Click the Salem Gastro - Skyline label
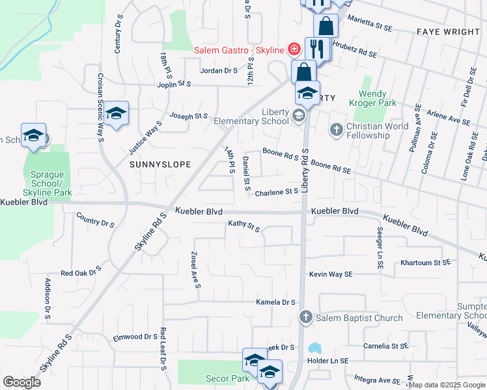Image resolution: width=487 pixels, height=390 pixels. click(x=239, y=51)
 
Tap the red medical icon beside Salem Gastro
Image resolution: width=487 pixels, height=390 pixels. click(x=294, y=49)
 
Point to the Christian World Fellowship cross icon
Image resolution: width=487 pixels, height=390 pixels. click(x=336, y=129)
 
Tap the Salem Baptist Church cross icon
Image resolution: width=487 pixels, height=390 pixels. click(x=305, y=318)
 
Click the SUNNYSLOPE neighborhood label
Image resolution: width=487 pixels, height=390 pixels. click(x=160, y=164)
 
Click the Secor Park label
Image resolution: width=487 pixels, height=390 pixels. click(x=231, y=378)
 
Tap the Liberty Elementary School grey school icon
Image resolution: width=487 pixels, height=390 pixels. click(x=299, y=116)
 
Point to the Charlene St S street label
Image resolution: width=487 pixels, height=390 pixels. click(x=276, y=192)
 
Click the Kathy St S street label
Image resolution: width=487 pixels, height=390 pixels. click(x=244, y=226)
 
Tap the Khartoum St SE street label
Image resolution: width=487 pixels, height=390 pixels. click(x=425, y=263)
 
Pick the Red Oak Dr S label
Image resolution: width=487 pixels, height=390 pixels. click(x=81, y=270)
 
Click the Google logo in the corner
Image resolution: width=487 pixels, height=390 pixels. click(x=21, y=382)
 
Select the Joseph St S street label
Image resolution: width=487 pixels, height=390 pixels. click(x=188, y=117)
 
